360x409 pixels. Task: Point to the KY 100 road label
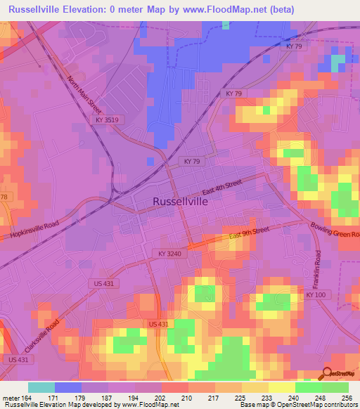316,296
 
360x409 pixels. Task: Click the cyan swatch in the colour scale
41,387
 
